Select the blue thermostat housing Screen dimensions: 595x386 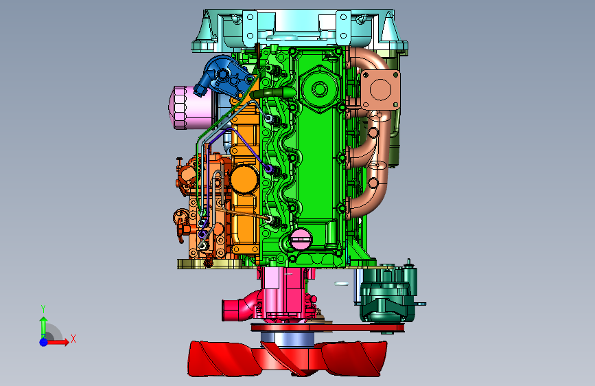coord(224,77)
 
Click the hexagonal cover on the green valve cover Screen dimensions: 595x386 coord(319,89)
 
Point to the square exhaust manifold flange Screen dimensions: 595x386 coord(380,90)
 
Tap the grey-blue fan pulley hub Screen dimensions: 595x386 coord(288,339)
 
